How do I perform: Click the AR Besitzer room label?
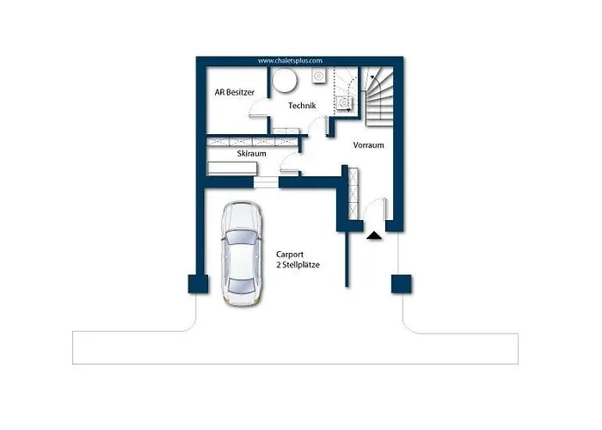pos(234,93)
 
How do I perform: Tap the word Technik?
pos(302,106)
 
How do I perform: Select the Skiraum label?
pos(251,154)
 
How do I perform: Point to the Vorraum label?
pos(368,145)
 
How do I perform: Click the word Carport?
pos(290,255)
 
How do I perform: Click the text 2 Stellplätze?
pos(298,265)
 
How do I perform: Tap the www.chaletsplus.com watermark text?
pos(290,61)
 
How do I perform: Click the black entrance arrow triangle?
pos(374,235)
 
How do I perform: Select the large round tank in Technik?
pos(285,80)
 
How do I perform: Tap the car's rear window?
pos(241,286)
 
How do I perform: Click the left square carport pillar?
pos(198,284)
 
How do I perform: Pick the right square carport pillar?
pos(402,284)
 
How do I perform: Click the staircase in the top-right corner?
pos(378,96)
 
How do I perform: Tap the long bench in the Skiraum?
pos(232,169)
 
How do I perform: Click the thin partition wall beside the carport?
pos(347,260)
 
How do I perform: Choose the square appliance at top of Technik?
pos(319,76)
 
